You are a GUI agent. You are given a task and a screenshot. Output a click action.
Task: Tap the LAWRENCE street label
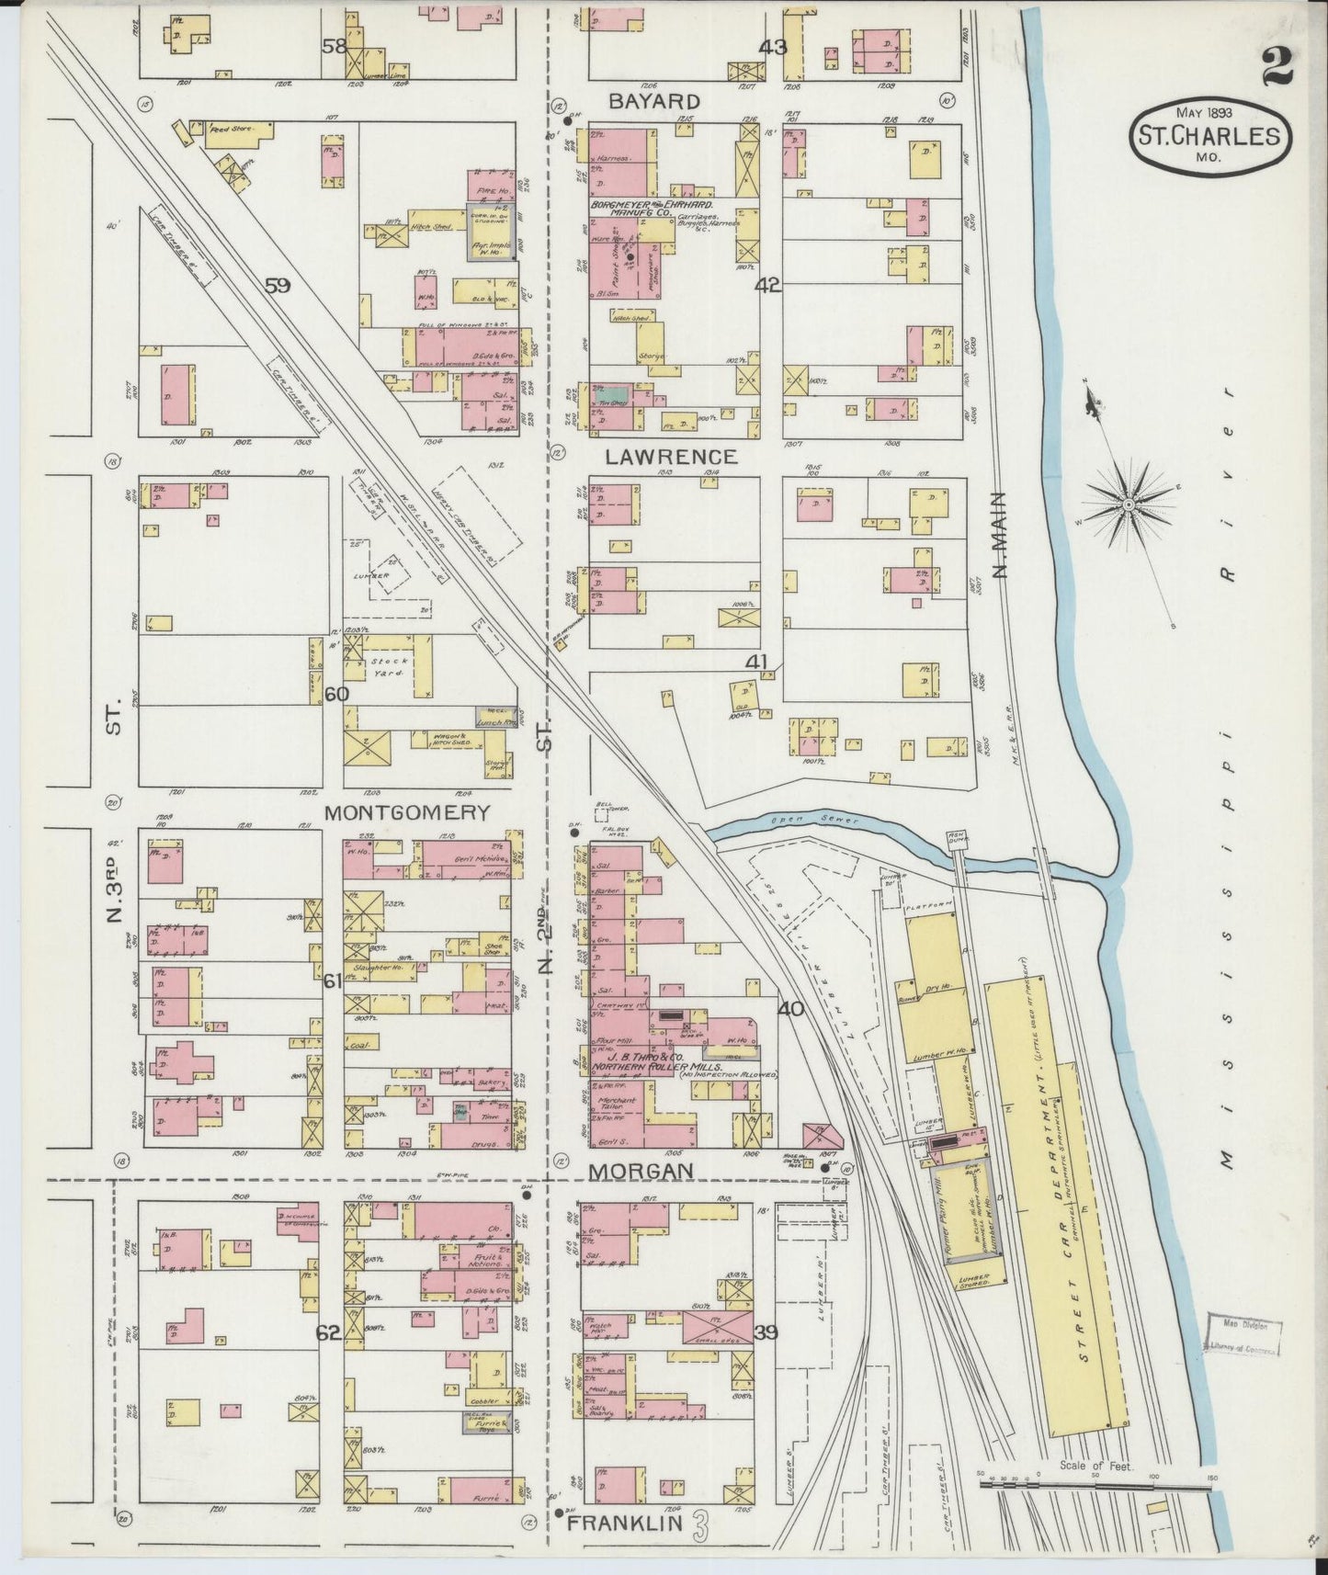[671, 457]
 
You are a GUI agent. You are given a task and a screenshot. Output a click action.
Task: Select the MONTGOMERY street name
[406, 812]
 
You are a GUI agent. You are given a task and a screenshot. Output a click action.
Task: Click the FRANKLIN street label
[625, 1523]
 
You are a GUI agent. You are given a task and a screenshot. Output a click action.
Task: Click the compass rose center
[1128, 504]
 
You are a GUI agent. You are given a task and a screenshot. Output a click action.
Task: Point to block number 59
[278, 286]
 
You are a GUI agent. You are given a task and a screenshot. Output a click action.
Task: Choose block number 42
[768, 286]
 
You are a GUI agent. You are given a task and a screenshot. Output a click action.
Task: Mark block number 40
[790, 1008]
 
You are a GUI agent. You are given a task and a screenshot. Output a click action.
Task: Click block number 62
[329, 1333]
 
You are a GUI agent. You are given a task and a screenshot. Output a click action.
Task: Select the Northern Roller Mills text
[654, 1067]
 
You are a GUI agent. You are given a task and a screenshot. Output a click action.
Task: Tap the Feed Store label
[223, 130]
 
